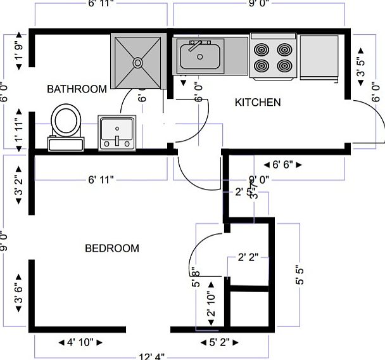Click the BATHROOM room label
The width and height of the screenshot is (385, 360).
click(77, 89)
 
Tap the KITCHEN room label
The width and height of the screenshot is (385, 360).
click(258, 102)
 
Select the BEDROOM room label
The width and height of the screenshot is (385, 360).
click(111, 248)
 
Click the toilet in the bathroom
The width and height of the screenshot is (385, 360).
click(66, 123)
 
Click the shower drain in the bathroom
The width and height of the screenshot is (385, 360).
click(136, 62)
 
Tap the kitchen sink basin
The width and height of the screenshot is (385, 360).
click(200, 57)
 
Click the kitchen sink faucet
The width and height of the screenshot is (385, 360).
click(194, 44)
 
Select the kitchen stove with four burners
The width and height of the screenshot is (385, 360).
click(274, 57)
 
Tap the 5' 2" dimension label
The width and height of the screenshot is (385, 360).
click(220, 343)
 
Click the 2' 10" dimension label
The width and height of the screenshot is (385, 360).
click(211, 304)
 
